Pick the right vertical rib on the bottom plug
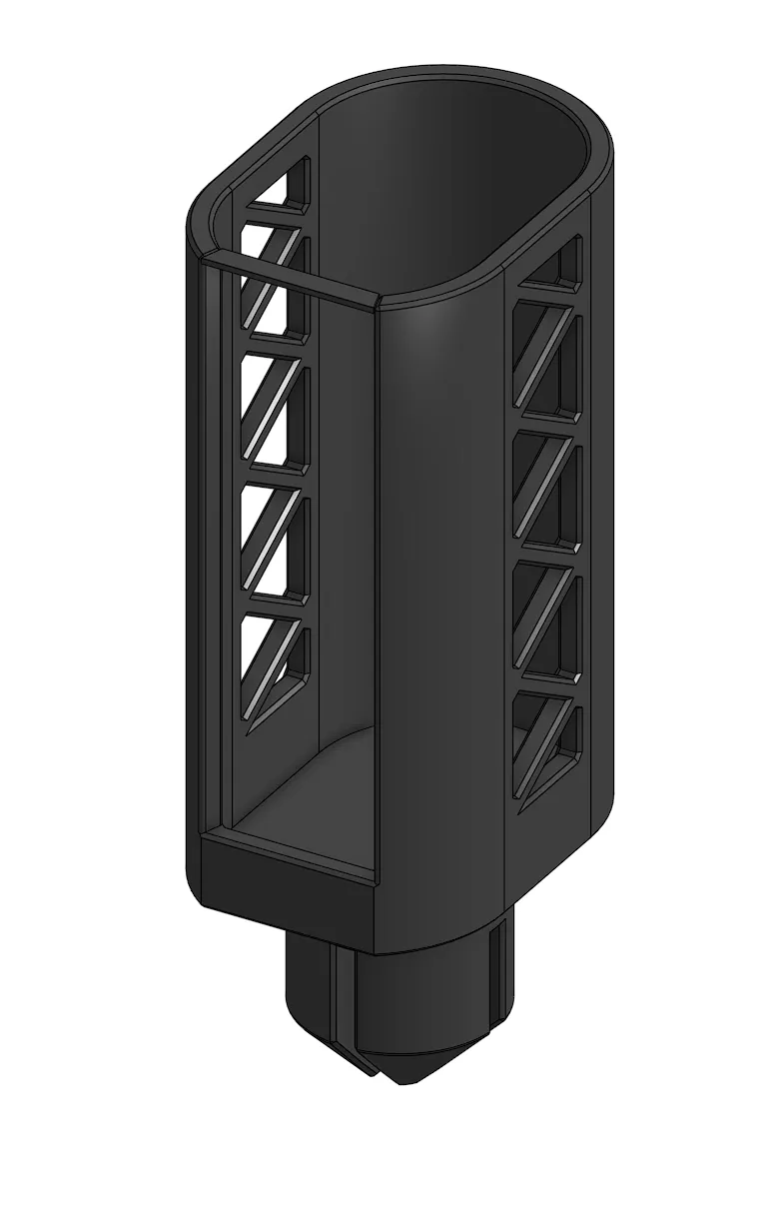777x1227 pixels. pos(494,984)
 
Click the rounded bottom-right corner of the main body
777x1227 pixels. pos(589,829)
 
